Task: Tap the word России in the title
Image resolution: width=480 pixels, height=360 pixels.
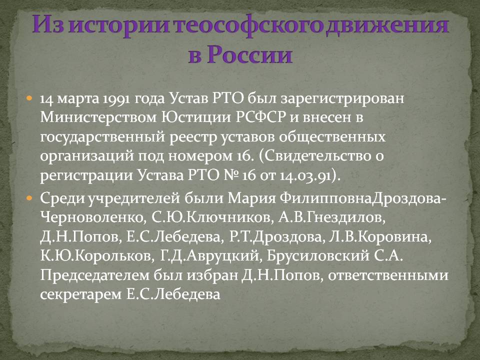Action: click(x=249, y=55)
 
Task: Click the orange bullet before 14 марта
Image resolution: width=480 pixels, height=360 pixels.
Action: click(x=29, y=98)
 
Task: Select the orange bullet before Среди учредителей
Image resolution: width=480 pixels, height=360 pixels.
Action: click(x=29, y=198)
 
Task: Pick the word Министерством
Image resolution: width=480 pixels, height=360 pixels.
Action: click(x=98, y=117)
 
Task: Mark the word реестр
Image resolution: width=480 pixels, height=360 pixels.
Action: click(x=193, y=137)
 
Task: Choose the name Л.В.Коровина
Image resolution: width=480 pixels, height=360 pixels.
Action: click(x=380, y=237)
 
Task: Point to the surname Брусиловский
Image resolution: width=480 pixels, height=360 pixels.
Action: click(x=318, y=256)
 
